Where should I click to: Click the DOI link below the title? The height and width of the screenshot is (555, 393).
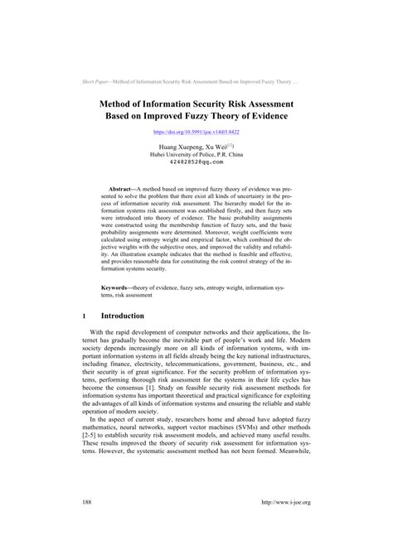tap(196, 131)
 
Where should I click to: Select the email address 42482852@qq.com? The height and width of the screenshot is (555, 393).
tap(196, 163)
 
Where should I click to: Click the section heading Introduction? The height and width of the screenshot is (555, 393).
tap(123, 316)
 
